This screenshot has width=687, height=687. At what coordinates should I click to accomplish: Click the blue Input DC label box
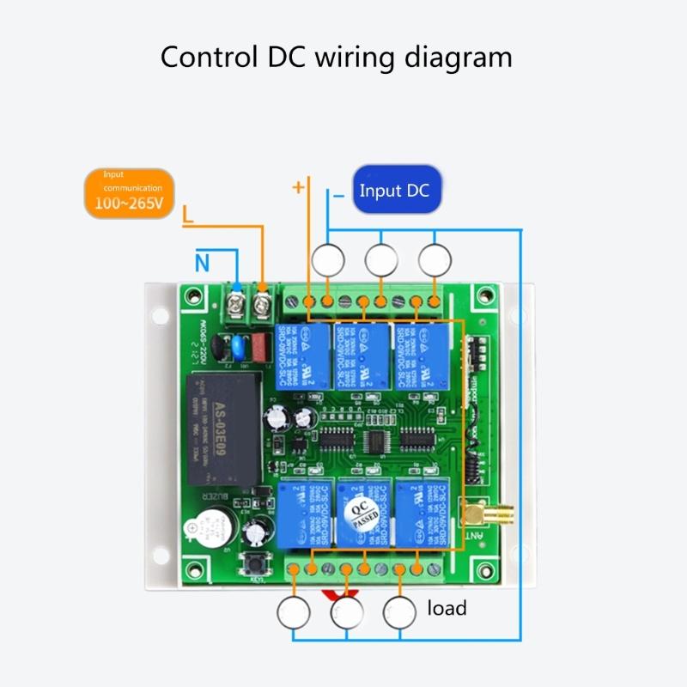click(394, 191)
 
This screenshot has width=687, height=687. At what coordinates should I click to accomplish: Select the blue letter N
click(202, 264)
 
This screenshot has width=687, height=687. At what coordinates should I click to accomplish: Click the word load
click(447, 609)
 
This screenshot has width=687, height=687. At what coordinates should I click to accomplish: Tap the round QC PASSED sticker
click(362, 515)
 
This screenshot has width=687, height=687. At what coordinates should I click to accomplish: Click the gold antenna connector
click(477, 514)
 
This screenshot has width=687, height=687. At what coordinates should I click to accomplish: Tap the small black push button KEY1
click(256, 565)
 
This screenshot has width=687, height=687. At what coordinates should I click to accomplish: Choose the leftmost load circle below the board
click(293, 612)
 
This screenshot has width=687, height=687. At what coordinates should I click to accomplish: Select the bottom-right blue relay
click(422, 514)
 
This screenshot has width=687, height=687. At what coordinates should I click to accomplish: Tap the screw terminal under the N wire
click(234, 301)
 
